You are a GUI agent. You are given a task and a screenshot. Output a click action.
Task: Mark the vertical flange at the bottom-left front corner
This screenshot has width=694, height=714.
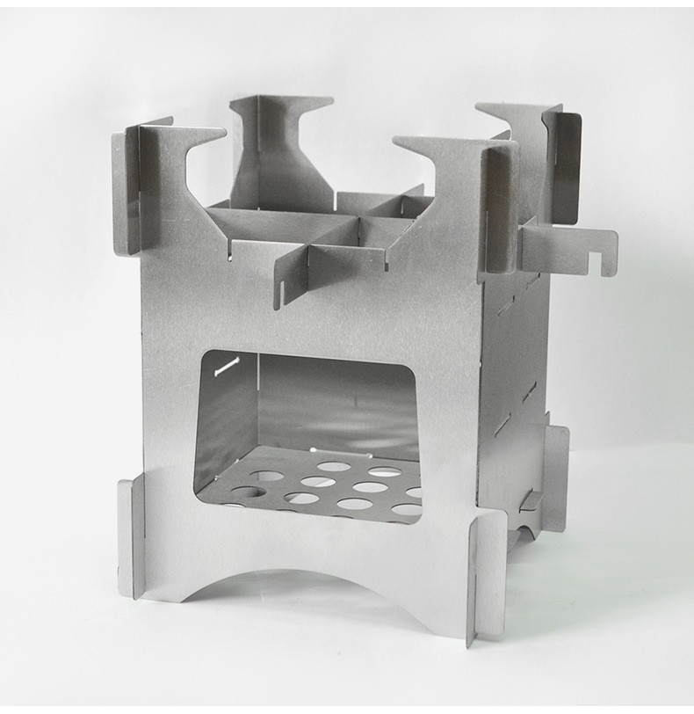point(131,536)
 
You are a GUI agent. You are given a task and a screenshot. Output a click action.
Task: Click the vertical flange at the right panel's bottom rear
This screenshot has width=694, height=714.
point(555,479)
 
